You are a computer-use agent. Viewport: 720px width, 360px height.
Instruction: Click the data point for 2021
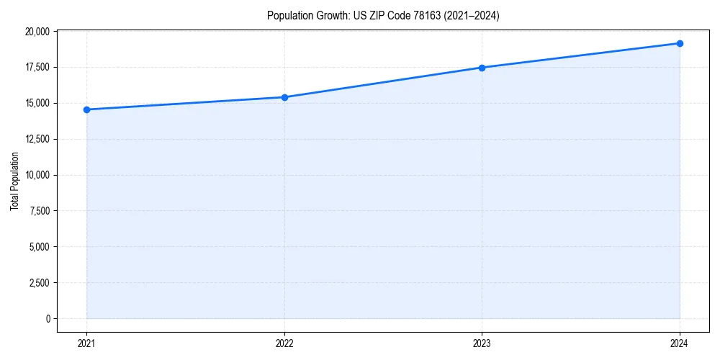pos(86,109)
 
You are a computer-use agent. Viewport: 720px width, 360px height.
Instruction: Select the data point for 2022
pos(284,97)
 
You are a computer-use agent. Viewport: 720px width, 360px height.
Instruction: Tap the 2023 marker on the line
pos(482,68)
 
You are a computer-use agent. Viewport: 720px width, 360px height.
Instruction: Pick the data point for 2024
pos(680,43)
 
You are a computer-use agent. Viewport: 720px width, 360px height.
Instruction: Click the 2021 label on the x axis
pos(86,343)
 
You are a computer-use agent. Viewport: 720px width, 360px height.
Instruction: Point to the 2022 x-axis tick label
pos(284,343)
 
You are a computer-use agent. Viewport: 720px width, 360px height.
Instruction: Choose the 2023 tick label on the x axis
pos(482,343)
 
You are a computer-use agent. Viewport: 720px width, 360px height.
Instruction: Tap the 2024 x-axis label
pos(680,343)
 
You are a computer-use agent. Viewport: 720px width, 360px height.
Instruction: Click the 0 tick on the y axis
pos(48,318)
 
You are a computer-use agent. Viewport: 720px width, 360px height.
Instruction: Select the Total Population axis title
pos(14,181)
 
